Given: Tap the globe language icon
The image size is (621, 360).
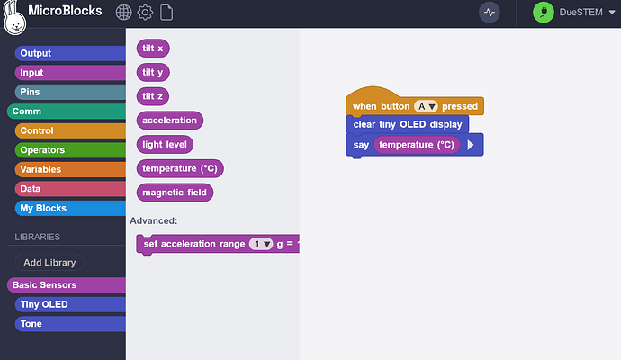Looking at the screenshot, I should pos(124,13).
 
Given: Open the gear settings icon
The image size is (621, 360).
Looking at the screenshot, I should pos(145,13).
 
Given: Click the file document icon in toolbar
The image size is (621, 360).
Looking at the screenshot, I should pos(166,13).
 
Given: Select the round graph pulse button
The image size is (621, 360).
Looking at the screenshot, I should pos(490,13).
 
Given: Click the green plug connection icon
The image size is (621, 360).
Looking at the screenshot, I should pos(544,13).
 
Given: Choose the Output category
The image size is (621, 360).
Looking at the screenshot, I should pos(36,53).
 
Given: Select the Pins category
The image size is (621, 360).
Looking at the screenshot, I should pos(31,92).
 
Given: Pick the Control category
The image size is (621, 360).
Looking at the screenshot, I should pos(37,130).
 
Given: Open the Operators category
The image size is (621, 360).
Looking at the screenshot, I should pos(42,150).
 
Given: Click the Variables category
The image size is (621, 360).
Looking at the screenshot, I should pos(41,169).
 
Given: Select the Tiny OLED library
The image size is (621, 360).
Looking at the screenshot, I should pos(43,304).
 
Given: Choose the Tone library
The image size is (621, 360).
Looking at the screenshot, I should pos(31,323).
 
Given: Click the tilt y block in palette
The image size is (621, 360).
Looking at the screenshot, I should pos(153,72).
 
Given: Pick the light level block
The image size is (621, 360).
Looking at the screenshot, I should pos(166,144).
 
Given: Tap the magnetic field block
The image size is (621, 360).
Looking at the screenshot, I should pos(175,192).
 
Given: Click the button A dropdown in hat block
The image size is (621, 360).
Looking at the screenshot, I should pos(426,106).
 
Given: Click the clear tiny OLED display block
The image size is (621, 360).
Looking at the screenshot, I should pos(407,124).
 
